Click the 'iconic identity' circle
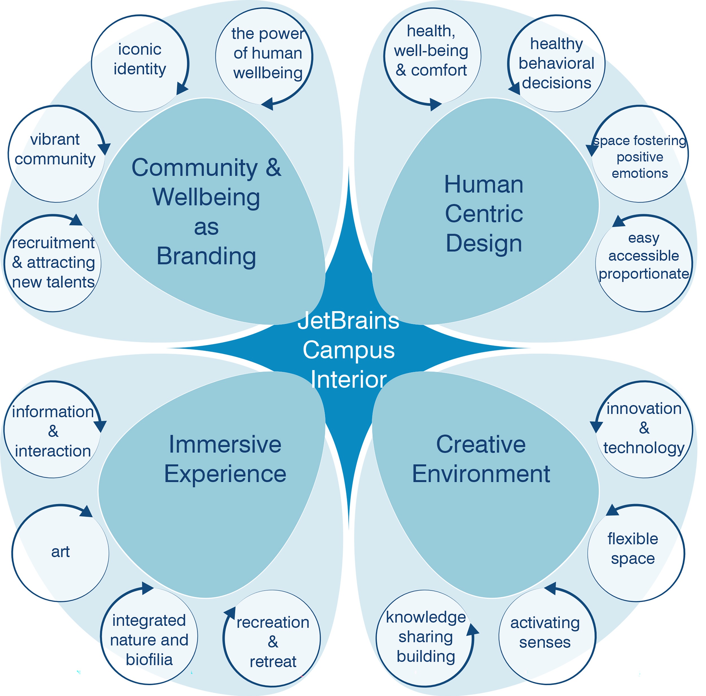pos(140,63)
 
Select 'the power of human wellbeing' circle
pos(264,57)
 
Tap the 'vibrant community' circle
pos(57,154)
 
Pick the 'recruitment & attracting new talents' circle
pos(53,263)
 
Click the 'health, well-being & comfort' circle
pos(432,57)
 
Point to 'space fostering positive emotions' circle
pos(640,154)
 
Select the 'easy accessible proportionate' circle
pos(644,263)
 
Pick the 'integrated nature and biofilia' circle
pos(149,637)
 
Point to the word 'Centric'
pos(484,213)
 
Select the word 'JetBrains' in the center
pos(348,321)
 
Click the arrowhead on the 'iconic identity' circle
pos(182,88)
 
